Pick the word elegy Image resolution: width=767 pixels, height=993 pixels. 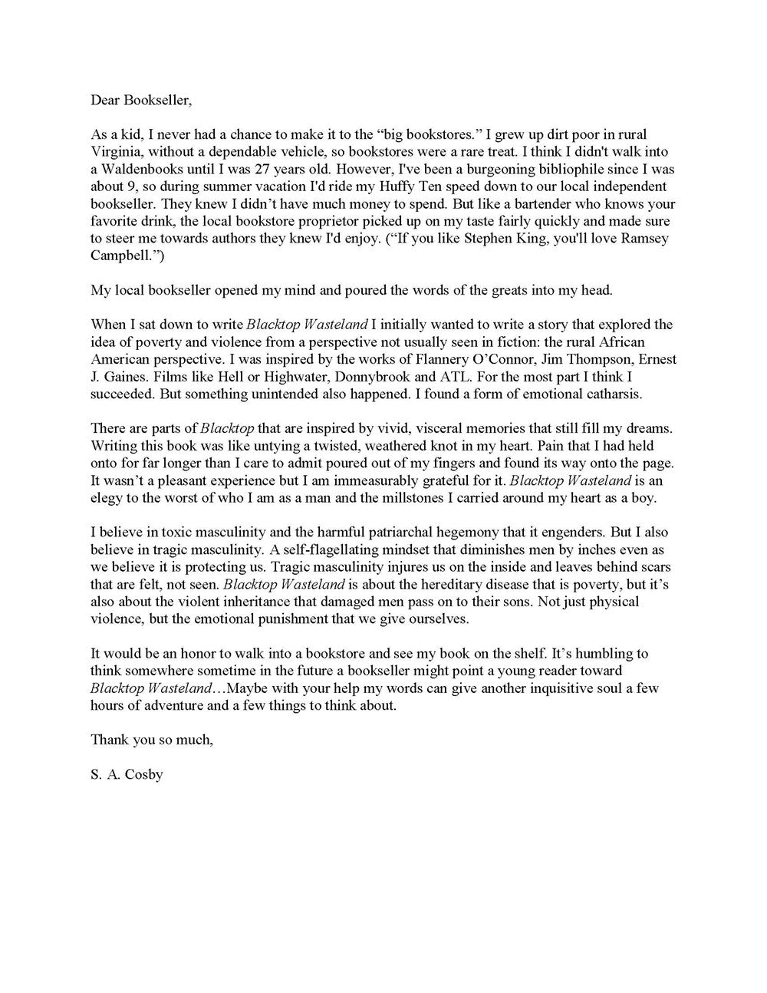coord(108,497)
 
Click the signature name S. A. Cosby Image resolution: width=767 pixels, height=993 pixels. coord(127,774)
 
